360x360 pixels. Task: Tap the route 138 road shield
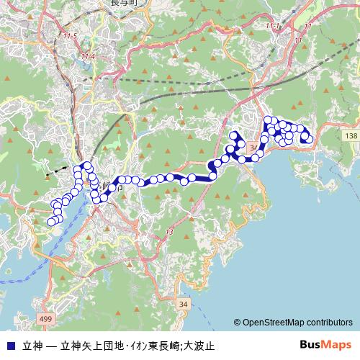[351, 136]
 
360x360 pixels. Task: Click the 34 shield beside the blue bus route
[253, 148]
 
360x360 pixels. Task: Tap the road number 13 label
[170, 232]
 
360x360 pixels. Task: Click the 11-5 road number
[70, 36]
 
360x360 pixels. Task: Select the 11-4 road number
[88, 55]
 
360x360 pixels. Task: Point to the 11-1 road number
[273, 27]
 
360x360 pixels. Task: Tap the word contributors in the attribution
[330, 323]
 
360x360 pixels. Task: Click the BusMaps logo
[325, 344]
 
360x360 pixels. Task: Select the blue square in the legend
[9, 344]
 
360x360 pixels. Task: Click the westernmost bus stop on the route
[51, 222]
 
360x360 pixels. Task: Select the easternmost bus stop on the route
[310, 138]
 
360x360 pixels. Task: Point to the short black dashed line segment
[52, 174]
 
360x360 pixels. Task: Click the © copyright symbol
[237, 323]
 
